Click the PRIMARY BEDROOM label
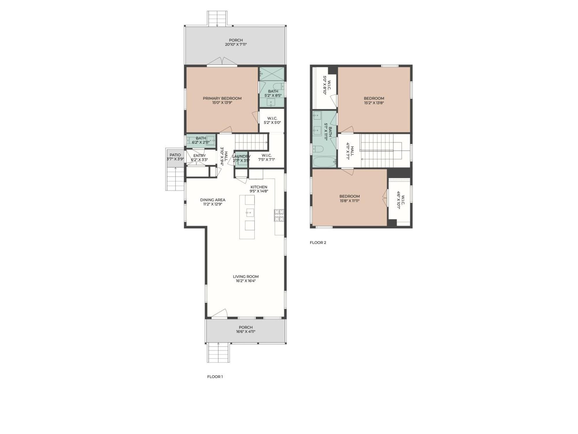(x=222, y=98)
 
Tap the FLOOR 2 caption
(x=318, y=242)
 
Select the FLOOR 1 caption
(x=215, y=377)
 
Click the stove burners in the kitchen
(x=279, y=216)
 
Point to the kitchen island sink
(x=250, y=213)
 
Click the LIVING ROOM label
(x=246, y=277)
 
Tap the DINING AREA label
(x=212, y=200)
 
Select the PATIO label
(x=175, y=155)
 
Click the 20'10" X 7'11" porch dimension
(x=236, y=45)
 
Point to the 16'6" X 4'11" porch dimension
(x=246, y=332)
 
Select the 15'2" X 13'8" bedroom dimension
(x=374, y=103)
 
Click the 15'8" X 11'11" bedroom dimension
(x=349, y=201)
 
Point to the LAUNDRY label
(x=241, y=157)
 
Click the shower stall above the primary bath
(x=272, y=73)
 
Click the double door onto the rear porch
(x=222, y=61)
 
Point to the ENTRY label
(x=199, y=156)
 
